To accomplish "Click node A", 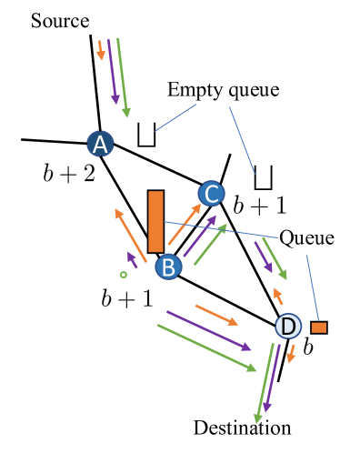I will click(100, 144).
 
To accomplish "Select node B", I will click(169, 267).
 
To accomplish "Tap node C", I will click(210, 193).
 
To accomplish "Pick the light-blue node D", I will click(288, 326).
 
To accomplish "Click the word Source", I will click(59, 19).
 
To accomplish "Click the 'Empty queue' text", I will click(223, 90).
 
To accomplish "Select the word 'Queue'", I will click(306, 238).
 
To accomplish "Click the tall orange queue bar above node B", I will click(155, 221).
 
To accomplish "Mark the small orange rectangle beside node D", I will click(319, 327).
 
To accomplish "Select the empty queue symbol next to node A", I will click(146, 135).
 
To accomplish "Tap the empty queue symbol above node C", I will click(264, 176).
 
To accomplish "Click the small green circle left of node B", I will click(123, 274).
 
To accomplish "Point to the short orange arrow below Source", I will click(101, 49).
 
